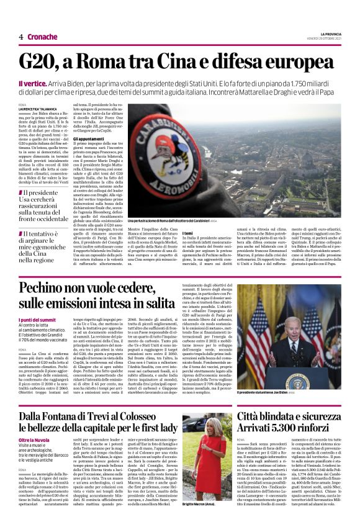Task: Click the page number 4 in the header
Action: [x=21, y=37]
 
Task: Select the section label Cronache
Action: [x=42, y=37]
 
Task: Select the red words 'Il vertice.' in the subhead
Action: [x=31, y=83]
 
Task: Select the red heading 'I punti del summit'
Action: [x=38, y=318]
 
